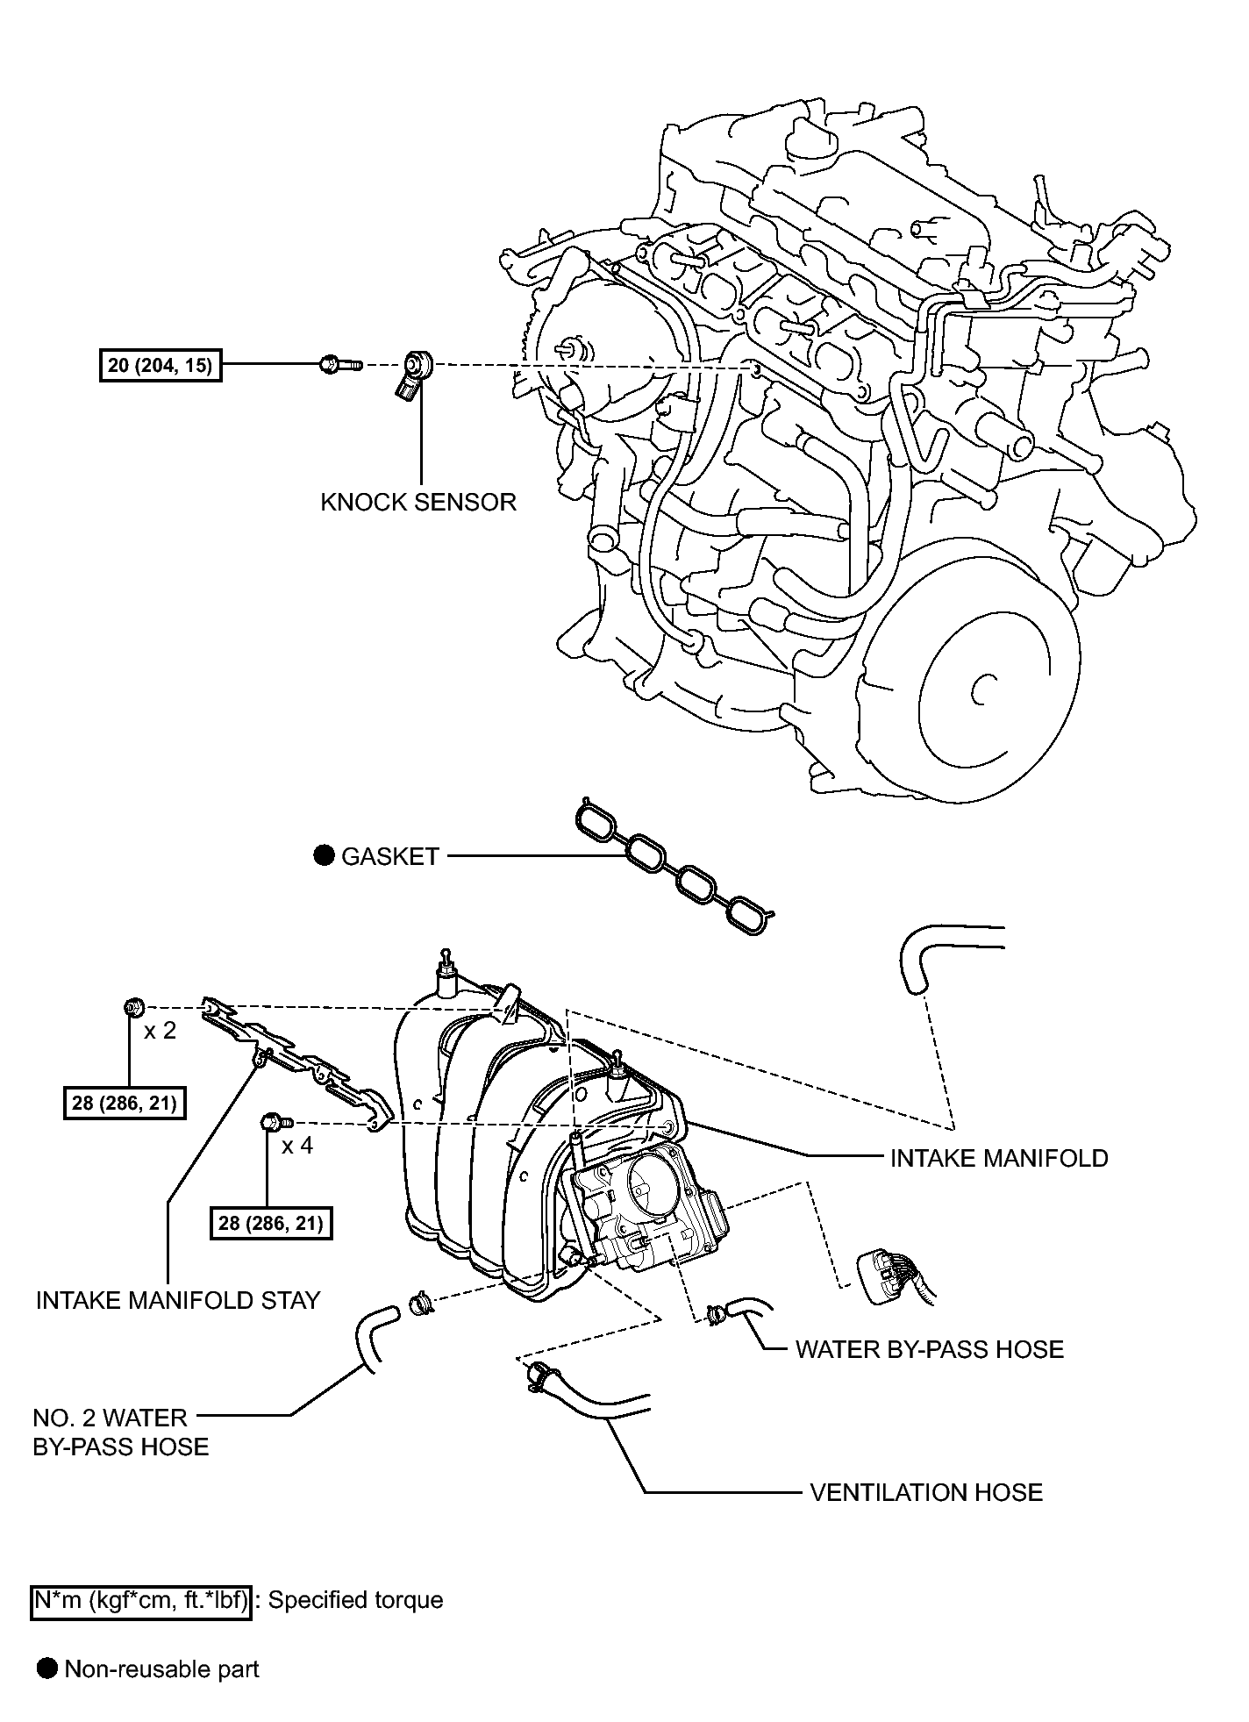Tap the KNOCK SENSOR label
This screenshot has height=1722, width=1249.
418,502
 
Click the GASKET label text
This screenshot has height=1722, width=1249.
389,857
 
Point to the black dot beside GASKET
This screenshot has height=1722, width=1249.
325,856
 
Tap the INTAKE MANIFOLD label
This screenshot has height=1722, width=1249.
999,1158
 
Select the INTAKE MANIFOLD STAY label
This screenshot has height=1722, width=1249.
178,1300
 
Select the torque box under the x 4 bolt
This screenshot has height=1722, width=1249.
271,1223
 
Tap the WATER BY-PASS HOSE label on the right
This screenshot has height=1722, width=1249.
929,1349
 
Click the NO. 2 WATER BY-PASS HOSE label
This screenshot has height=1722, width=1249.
121,1432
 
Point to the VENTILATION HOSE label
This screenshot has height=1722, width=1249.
926,1492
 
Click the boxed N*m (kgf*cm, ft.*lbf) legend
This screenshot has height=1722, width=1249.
140,1600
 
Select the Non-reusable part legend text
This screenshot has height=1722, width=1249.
161,1668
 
